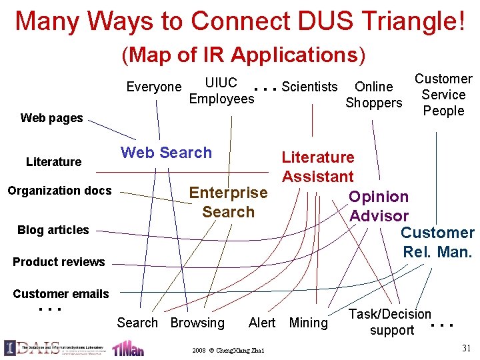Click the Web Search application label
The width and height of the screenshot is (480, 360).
tap(166, 153)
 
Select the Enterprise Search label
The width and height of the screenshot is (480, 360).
tap(228, 202)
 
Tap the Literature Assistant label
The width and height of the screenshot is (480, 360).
tap(317, 167)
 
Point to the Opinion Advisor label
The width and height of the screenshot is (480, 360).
tap(379, 206)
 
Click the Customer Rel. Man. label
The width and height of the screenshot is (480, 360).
tap(437, 243)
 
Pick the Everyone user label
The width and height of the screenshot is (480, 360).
tap(154, 87)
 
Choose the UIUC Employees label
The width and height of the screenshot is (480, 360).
tap(221, 91)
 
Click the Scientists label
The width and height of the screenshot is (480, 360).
tap(309, 87)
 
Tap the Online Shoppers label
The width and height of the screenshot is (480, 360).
tap(373, 95)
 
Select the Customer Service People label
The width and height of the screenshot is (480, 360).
tap(443, 95)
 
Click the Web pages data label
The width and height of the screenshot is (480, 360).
tap(52, 118)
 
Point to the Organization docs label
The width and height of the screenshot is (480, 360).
tap(59, 191)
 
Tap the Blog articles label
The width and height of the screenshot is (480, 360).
tap(53, 230)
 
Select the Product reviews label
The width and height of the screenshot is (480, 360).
tap(59, 262)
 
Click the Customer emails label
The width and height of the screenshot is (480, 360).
tap(61, 294)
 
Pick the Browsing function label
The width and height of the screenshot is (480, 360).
tap(197, 323)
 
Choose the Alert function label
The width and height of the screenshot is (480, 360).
tap(261, 323)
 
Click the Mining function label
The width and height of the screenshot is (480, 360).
tap(309, 323)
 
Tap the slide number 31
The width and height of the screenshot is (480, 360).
tap(466, 347)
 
